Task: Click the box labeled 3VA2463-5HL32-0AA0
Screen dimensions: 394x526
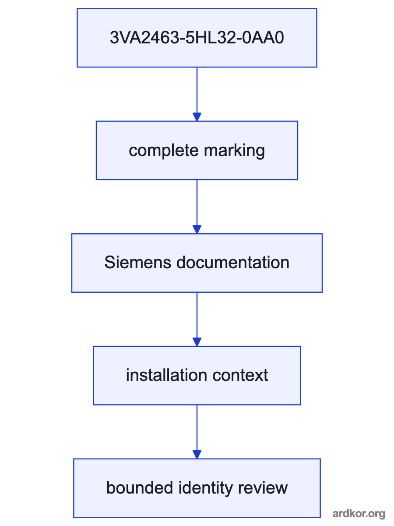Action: [x=197, y=38]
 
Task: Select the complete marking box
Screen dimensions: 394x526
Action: [x=197, y=150]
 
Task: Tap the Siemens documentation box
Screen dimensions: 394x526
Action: [x=197, y=263]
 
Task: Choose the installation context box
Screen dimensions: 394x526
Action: [x=197, y=376]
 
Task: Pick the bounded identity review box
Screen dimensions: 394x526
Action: [x=197, y=488]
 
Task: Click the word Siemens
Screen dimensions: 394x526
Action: [x=138, y=263]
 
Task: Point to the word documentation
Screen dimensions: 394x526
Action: [x=233, y=263]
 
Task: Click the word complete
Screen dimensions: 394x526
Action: [x=164, y=150]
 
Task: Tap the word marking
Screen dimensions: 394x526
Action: [x=235, y=151]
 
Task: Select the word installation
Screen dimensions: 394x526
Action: [x=166, y=375]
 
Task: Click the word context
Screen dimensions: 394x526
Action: [x=240, y=376]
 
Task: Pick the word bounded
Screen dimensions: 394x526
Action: [x=140, y=488]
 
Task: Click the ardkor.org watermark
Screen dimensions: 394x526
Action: [x=359, y=514]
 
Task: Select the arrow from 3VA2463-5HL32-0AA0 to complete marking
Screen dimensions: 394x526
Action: [x=197, y=94]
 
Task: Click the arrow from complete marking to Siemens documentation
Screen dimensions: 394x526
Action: [x=197, y=207]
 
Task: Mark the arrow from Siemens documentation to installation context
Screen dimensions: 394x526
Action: [x=197, y=320]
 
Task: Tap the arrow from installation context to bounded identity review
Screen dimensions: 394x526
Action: [x=197, y=432]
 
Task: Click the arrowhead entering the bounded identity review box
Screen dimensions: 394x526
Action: [x=197, y=455]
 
